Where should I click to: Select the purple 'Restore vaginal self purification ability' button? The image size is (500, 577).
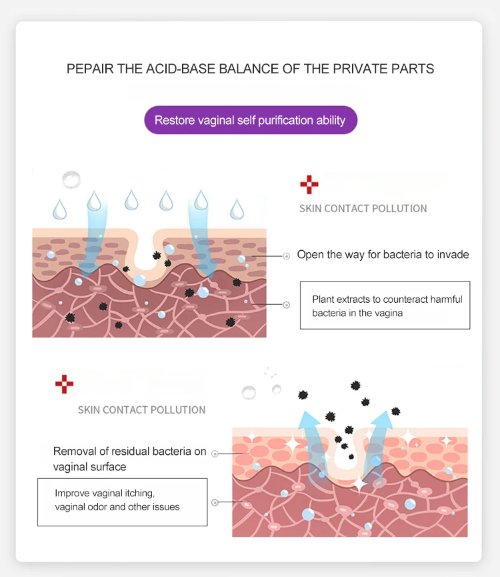(x=250, y=121)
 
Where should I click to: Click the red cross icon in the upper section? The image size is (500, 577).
(x=309, y=185)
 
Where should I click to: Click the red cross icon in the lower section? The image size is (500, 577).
(x=64, y=384)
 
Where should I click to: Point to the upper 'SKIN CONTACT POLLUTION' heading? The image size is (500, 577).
(x=363, y=209)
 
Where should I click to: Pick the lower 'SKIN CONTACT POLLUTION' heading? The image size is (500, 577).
(x=141, y=410)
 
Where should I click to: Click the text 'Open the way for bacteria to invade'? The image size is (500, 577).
(x=383, y=254)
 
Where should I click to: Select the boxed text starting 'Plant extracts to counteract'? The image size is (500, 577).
(x=385, y=306)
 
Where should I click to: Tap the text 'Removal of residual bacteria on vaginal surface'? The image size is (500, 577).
(x=129, y=459)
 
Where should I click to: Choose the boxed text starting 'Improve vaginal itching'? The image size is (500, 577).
(x=122, y=500)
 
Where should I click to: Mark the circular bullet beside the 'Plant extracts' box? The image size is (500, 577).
(x=287, y=305)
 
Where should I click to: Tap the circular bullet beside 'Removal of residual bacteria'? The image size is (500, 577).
(x=215, y=454)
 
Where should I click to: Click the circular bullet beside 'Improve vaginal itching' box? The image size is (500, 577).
(x=215, y=502)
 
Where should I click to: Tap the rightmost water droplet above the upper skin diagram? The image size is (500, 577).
(x=237, y=209)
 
